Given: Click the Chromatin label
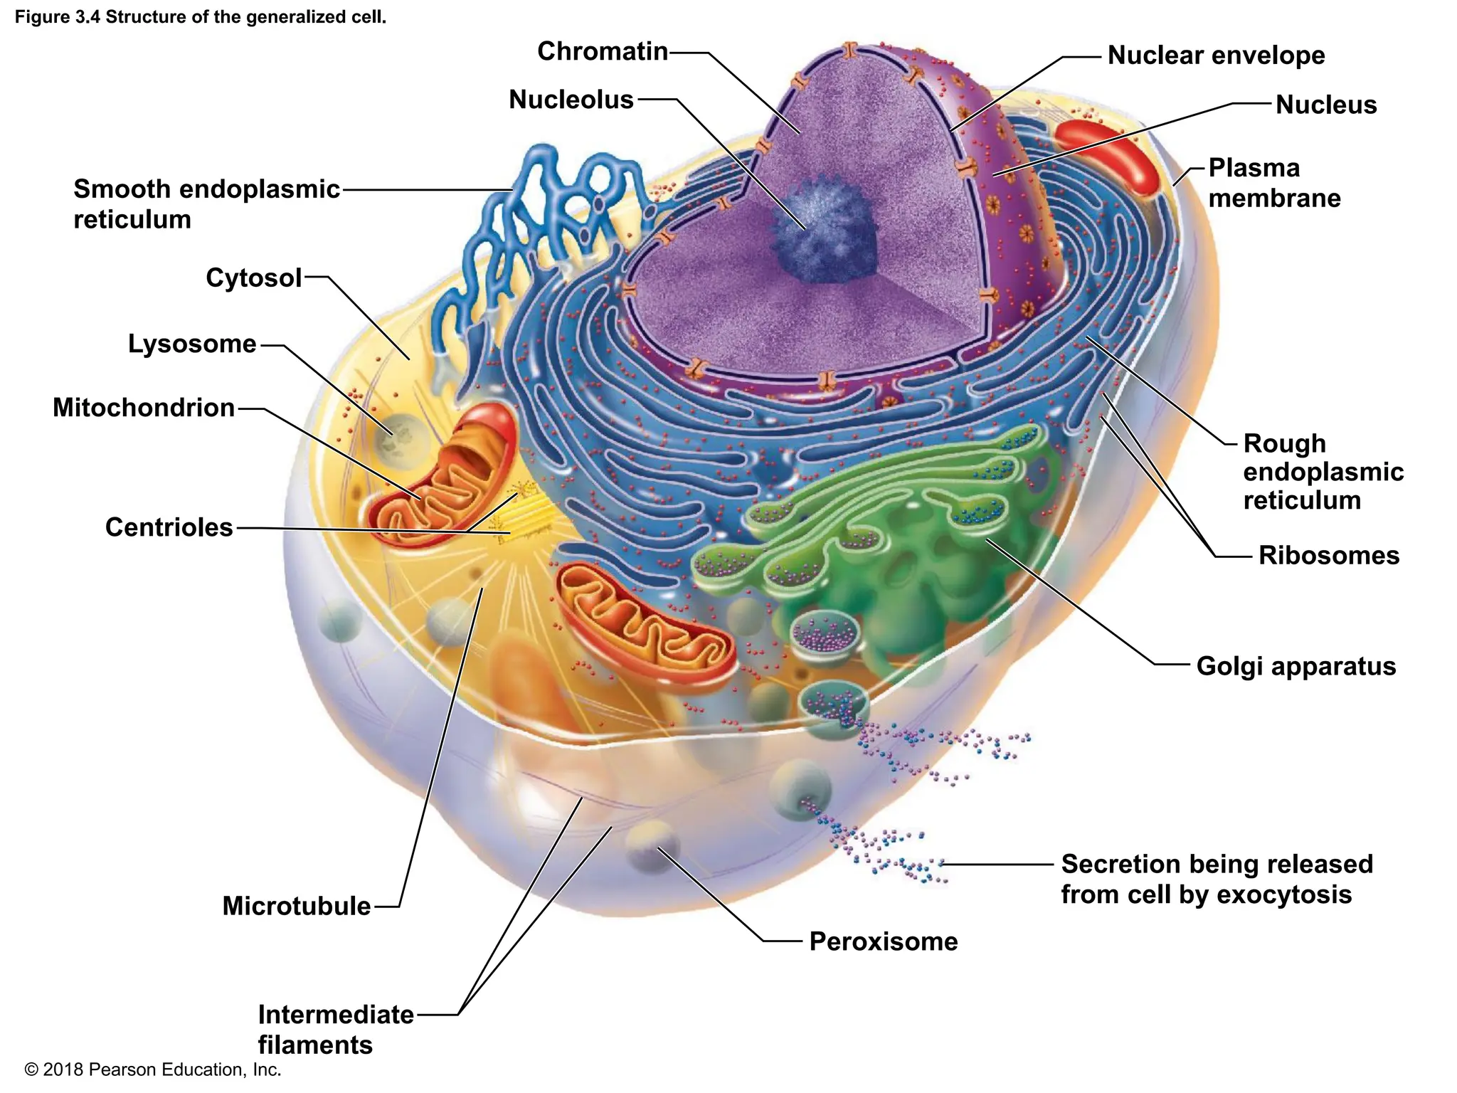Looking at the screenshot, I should pos(602,52).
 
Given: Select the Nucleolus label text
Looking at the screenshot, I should pos(571,100).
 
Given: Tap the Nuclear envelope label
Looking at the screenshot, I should pos(1216,56).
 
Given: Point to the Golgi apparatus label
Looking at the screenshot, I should pos(1296,667).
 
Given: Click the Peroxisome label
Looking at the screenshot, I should pos(883,942).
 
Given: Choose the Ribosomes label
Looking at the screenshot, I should pos(1328,556).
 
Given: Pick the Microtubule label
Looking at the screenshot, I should pos(296,907).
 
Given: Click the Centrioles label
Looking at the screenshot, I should pos(169,528).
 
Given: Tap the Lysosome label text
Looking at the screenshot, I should pos(191,344).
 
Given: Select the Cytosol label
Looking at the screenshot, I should pos(253,278).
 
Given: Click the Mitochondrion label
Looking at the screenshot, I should pos(143,408).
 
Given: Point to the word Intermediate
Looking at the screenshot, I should pos(335,1015).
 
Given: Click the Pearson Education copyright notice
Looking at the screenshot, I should pos(152,1070).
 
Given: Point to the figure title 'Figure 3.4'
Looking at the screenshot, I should pos(58,17).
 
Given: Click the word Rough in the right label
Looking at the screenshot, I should pos(1284,444).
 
